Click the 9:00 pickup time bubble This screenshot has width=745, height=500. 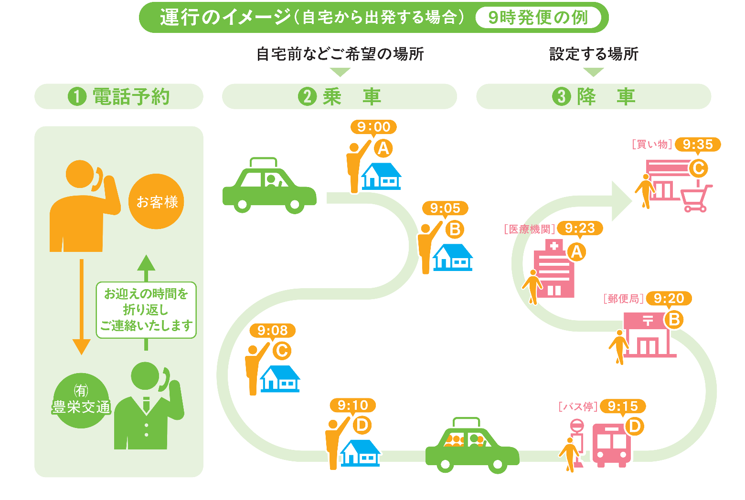pos(373,127)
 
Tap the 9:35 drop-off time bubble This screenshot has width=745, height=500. pos(697,144)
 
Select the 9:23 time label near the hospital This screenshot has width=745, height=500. pos(580,228)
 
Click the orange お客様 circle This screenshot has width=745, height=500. pos(157,201)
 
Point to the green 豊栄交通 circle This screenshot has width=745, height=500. pos(81,401)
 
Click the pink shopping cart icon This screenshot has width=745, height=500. pos(695,198)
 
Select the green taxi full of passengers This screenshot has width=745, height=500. pos(471,447)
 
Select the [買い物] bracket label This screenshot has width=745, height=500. pos(652,144)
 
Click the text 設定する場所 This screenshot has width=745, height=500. pos(594,54)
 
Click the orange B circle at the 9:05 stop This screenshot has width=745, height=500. pos(455,229)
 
